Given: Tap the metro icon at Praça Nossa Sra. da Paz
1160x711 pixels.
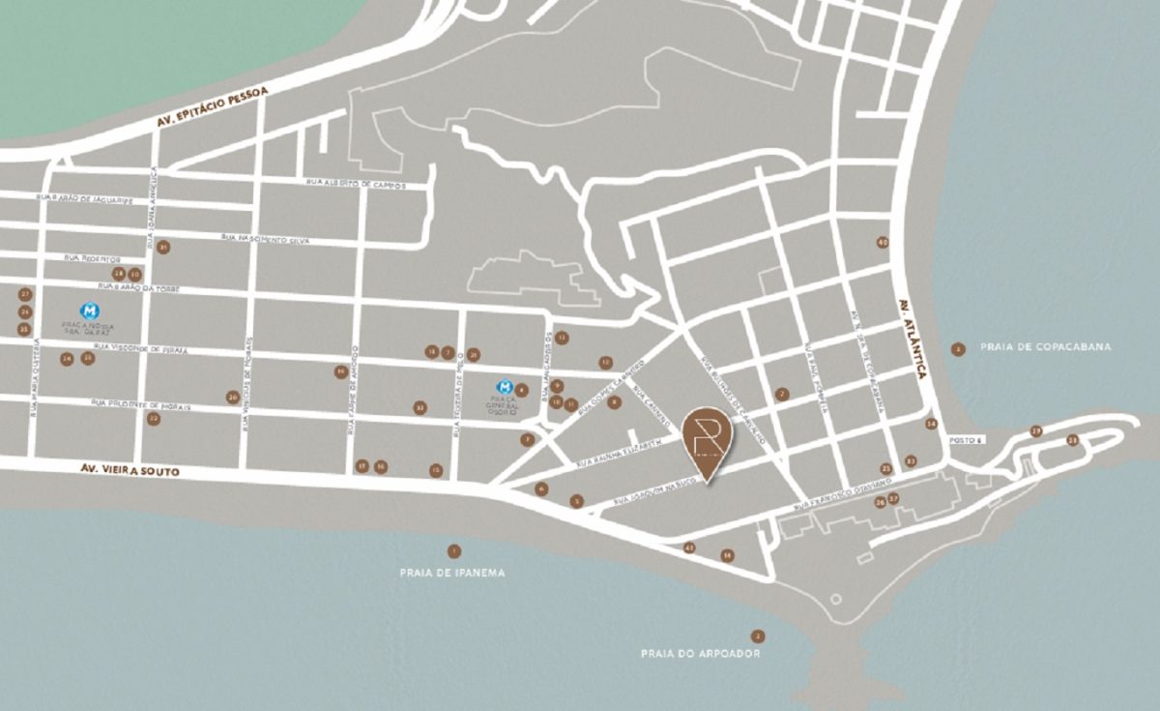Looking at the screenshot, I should (90, 311).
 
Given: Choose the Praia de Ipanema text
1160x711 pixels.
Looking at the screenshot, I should (452, 573).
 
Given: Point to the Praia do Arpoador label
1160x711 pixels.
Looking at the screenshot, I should (701, 654).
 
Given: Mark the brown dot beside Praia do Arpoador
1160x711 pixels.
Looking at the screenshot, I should (758, 636).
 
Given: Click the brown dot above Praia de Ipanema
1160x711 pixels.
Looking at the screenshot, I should (454, 551).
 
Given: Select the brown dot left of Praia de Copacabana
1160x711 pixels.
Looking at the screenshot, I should (958, 349).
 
